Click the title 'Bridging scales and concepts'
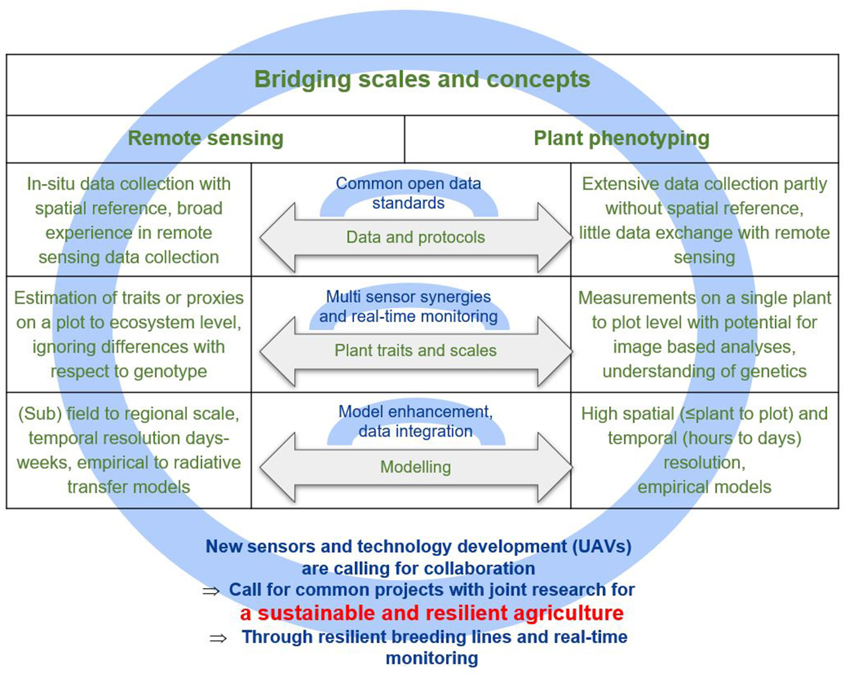422,80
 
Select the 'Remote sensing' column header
206,139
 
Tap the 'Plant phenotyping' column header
621,139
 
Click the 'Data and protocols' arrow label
415,237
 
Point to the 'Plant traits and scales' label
415,351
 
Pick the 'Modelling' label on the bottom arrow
415,467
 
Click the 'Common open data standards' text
408,193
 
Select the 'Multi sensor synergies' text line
408,297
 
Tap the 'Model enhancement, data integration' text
415,421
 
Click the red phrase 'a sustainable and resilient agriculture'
432,613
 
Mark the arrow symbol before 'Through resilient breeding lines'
218,638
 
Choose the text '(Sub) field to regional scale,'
129,414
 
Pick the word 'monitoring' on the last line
432,658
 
